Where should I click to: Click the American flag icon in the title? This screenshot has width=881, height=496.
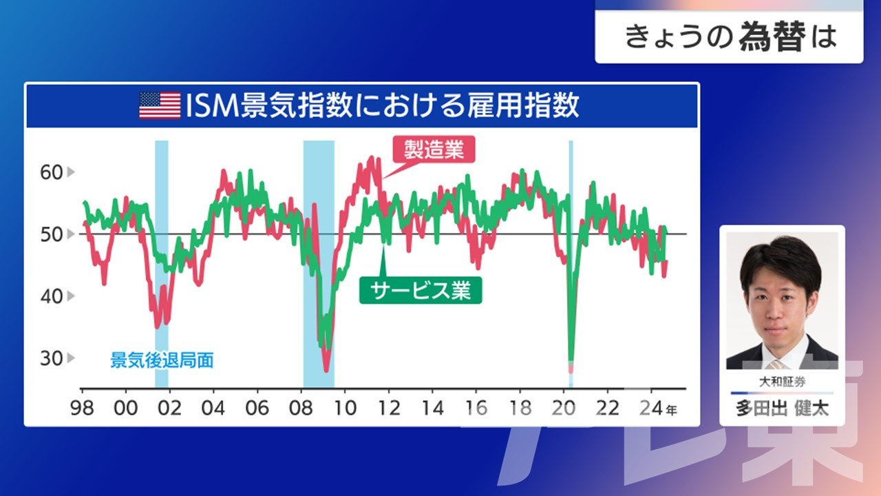tap(160, 105)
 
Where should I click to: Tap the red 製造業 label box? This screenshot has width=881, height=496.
tap(434, 149)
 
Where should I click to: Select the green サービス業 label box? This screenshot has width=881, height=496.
tap(421, 291)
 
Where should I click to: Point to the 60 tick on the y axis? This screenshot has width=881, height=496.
tap(52, 172)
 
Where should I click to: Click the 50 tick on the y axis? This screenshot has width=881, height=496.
tap(52, 235)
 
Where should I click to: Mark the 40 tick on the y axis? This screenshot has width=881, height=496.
tap(52, 296)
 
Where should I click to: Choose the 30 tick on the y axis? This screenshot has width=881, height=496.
tap(52, 358)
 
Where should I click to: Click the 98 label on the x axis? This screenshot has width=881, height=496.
tap(82, 409)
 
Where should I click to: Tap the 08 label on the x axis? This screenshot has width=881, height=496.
tap(301, 409)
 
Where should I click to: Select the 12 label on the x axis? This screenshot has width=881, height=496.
tap(389, 409)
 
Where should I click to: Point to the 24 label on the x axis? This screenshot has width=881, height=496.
tap(651, 409)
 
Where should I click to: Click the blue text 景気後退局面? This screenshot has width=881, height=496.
tap(162, 360)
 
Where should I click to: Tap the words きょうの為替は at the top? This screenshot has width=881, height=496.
tap(730, 37)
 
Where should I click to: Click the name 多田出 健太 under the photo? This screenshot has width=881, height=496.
tap(782, 409)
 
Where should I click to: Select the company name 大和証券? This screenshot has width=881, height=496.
tap(782, 382)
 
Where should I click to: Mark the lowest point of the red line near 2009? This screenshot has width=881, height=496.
tap(326, 371)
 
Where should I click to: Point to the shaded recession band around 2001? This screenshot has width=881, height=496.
tap(162, 264)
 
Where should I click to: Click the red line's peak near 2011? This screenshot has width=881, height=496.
tap(371, 158)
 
